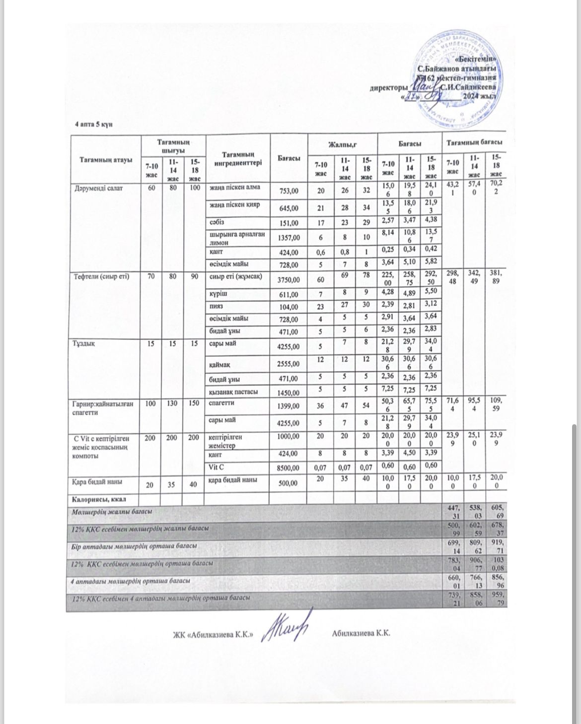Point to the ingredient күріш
coord(217,293)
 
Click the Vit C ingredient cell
coord(219,466)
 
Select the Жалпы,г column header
coord(343,143)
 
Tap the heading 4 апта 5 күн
coord(94,124)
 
